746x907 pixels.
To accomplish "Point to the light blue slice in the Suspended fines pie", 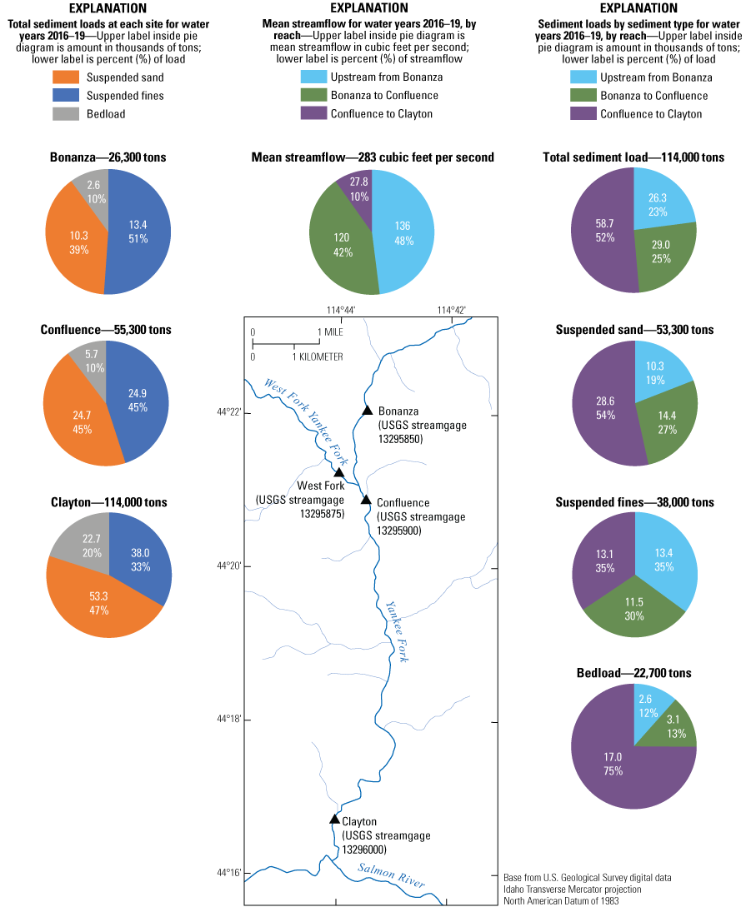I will pos(663,550).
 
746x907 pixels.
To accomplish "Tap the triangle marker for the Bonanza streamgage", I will pos(367,410).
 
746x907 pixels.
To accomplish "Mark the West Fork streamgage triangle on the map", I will pos(339,472).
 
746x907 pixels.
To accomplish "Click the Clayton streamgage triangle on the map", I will pos(334,819).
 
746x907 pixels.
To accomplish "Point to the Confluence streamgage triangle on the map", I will pos(365,500).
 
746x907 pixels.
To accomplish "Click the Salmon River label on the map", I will pos(392,875).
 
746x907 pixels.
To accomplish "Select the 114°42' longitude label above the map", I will pos(452,310).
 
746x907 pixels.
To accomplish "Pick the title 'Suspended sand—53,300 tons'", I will pos(634,330).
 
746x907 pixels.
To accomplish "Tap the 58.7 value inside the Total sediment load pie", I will pos(602,222).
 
